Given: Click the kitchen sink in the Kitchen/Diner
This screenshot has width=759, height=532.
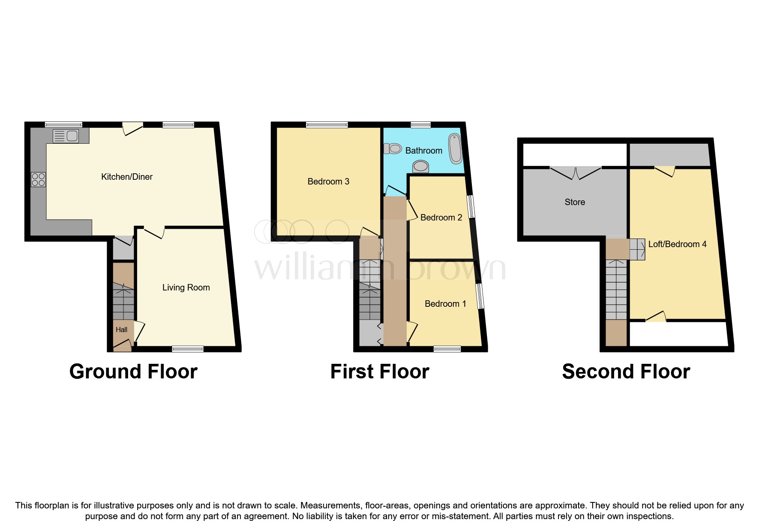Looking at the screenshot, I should (66, 136).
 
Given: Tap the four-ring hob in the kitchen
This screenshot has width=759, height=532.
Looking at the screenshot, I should (38, 179).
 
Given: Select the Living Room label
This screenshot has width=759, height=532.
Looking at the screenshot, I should (186, 287).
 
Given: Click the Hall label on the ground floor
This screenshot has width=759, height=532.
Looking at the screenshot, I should (121, 329).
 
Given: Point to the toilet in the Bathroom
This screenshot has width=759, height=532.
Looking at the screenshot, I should (393, 149).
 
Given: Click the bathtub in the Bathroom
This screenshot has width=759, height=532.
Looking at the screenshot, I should (455, 148).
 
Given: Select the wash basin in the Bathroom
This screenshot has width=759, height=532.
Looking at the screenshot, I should (420, 166).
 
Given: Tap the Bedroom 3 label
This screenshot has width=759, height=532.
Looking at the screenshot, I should (328, 181).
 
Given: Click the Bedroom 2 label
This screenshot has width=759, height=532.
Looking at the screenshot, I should (441, 218).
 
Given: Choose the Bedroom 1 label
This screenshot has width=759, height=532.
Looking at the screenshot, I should (445, 304).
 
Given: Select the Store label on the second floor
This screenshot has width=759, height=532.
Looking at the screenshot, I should (574, 202).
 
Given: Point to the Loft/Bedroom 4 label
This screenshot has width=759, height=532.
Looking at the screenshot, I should (677, 244).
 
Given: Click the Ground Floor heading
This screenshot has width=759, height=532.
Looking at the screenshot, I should (133, 372).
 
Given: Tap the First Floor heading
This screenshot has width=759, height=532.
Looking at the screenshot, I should (379, 372).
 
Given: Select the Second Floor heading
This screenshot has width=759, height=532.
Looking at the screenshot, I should (626, 372).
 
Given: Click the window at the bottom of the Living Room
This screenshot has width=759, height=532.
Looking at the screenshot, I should (188, 349).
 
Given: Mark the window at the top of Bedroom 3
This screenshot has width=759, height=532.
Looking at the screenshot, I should (327, 125).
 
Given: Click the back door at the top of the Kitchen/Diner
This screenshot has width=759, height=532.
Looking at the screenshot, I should (132, 128).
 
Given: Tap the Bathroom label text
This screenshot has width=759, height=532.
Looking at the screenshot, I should (423, 151).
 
